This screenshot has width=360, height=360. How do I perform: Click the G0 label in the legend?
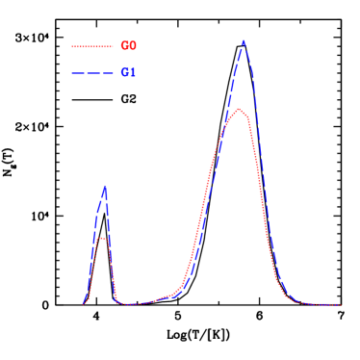[x=128, y=46]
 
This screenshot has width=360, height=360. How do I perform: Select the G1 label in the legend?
[x=128, y=73]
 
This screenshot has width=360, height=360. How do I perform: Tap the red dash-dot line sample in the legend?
[x=91, y=46]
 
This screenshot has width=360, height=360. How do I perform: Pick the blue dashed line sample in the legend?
[x=91, y=73]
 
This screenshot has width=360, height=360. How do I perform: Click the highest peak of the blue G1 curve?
[x=244, y=41]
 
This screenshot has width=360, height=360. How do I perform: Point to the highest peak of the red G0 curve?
[x=239, y=109]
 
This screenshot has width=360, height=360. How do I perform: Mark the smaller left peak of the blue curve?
[x=104, y=187]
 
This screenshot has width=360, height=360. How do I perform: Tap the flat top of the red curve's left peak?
[x=101, y=238]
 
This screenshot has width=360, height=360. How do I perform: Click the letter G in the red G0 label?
[x=124, y=46]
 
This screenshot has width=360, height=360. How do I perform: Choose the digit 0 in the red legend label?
[x=133, y=46]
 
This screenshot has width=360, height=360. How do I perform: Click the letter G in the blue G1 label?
[x=124, y=73]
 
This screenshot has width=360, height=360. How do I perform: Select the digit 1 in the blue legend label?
[x=133, y=73]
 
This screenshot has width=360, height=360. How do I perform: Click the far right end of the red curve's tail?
[x=341, y=304]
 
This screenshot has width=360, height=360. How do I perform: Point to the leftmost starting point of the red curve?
[x=83, y=304]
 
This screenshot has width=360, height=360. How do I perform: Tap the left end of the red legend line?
[x=72, y=46]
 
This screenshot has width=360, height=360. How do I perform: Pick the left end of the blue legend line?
[x=72, y=73]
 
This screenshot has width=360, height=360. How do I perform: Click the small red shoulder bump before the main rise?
[x=167, y=296]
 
